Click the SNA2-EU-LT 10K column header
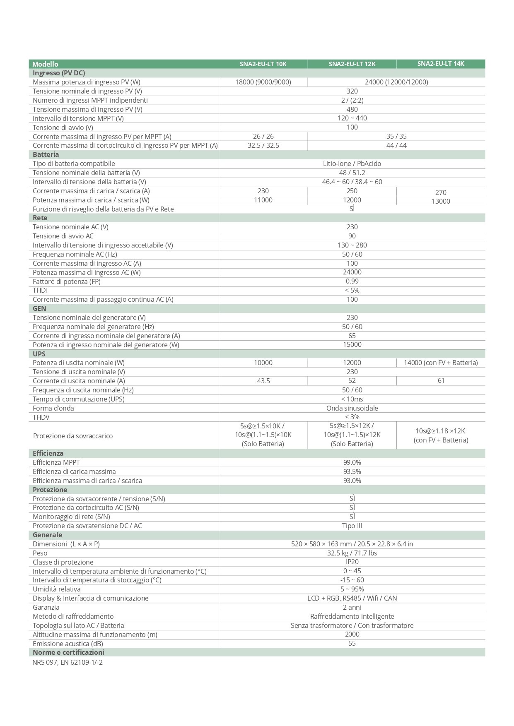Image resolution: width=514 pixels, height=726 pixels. point(263,64)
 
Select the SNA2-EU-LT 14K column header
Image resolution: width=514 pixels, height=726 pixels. point(441,64)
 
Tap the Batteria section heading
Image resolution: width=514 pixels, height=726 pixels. point(46,154)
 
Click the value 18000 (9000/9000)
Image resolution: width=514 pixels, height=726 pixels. point(263,82)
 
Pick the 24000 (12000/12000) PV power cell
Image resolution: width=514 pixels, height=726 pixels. point(396,82)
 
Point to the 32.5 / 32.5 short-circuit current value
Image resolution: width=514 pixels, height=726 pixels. point(263,145)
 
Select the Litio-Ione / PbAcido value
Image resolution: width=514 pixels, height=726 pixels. point(352,163)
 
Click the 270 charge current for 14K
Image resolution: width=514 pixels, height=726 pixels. point(441,192)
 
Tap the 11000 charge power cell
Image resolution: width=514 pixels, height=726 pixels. point(263,200)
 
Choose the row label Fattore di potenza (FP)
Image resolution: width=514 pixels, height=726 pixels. point(67,281)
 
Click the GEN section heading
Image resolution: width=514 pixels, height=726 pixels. point(39,308)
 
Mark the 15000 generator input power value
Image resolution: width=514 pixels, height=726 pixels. point(352,344)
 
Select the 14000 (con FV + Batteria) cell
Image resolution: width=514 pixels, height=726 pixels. point(441,363)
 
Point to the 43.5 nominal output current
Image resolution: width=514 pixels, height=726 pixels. point(263,381)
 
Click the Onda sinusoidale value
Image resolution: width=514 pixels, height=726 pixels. point(352,408)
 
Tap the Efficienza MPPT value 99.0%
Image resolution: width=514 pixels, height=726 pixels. point(352,462)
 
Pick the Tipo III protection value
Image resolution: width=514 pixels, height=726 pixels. point(352,526)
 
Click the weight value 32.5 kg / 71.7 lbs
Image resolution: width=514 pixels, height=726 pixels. point(352,553)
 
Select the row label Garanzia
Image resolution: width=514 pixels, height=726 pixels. point(46,607)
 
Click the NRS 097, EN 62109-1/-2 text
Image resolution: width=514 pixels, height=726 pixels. point(68,662)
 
